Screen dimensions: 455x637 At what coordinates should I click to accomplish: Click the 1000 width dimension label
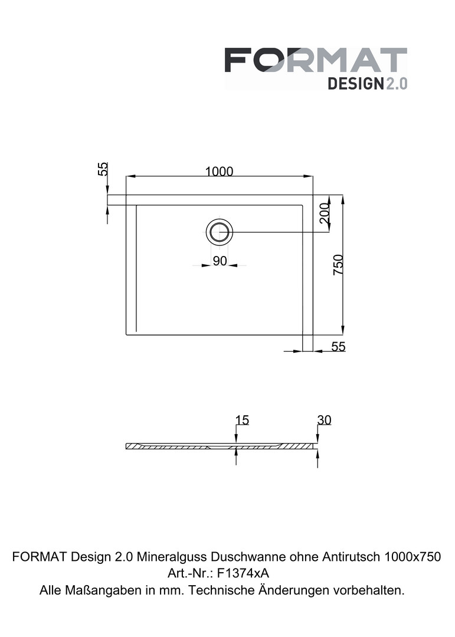click(219, 172)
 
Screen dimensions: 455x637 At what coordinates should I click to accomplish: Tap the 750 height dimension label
click(338, 264)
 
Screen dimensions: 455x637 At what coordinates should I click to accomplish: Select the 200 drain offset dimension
click(325, 213)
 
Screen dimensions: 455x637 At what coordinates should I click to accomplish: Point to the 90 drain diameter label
click(220, 261)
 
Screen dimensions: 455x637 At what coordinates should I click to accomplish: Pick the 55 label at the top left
click(103, 169)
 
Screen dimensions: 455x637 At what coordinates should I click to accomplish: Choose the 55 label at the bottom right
click(338, 347)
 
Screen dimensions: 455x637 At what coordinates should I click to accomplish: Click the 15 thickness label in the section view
click(242, 420)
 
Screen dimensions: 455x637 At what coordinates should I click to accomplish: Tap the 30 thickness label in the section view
click(325, 420)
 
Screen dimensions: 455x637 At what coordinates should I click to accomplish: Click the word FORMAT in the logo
click(316, 60)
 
